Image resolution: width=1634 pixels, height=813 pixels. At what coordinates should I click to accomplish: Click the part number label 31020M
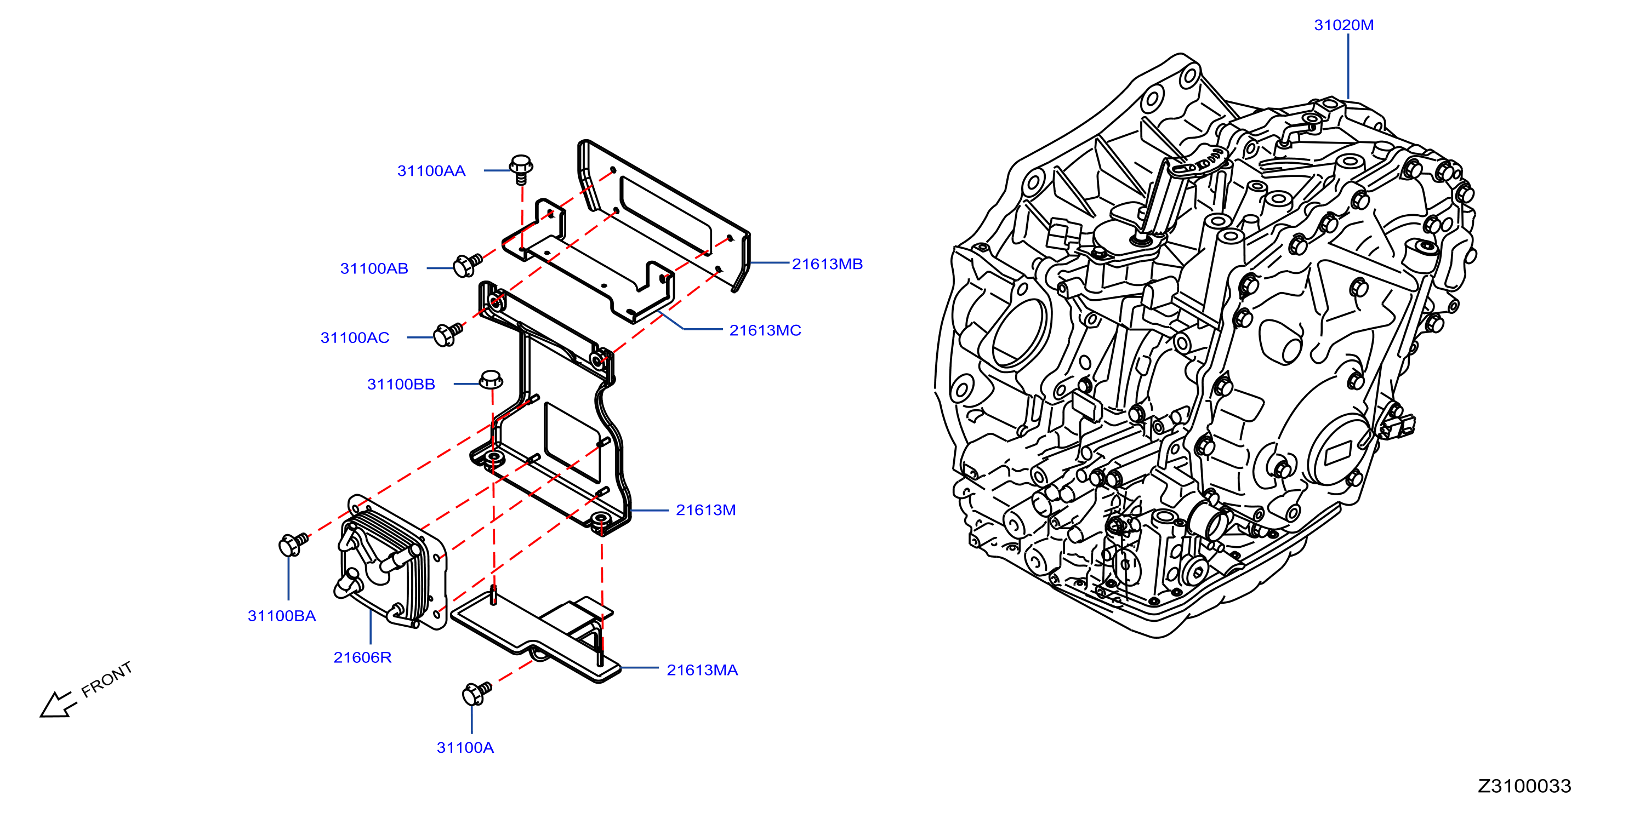(1343, 25)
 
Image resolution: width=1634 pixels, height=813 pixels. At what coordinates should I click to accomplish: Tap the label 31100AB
(374, 268)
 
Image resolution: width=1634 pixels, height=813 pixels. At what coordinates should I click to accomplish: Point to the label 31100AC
(355, 337)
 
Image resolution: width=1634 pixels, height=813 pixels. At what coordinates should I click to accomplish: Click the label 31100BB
(401, 383)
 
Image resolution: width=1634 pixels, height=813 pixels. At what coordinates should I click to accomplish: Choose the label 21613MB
(827, 264)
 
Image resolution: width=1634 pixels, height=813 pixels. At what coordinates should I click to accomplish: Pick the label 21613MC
(765, 330)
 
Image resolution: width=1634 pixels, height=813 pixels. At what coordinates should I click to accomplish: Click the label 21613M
(705, 510)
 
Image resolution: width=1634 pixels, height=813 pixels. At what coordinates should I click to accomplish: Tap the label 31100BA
(282, 616)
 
